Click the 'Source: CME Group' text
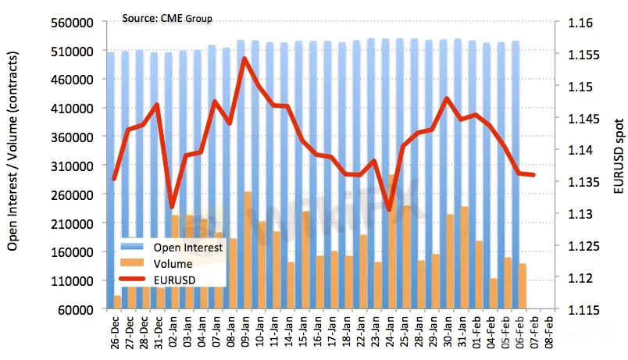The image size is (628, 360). click(167, 18)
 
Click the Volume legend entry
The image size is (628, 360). click(173, 264)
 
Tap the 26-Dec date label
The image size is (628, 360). click(116, 332)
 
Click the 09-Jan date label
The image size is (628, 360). click(247, 332)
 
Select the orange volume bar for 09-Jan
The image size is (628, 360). click(248, 250)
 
